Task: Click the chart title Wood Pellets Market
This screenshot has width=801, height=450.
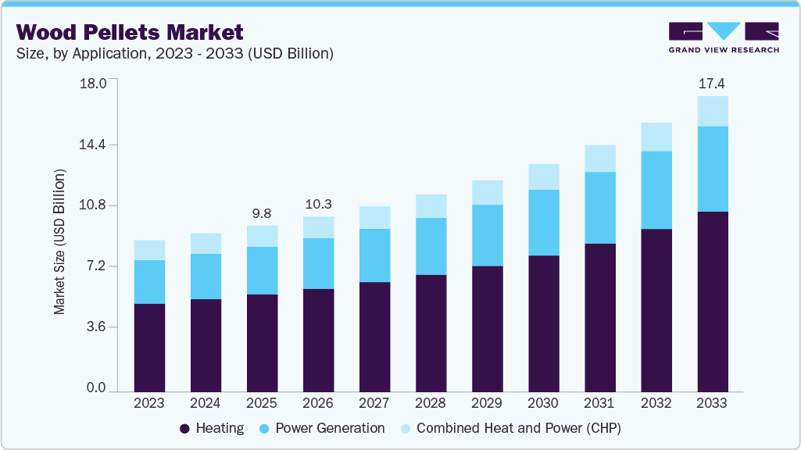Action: coord(130,32)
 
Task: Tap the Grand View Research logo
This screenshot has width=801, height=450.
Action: coord(723,37)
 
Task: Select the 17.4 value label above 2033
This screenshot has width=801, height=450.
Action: coord(712,83)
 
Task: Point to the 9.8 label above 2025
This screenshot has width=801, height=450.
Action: coord(262,212)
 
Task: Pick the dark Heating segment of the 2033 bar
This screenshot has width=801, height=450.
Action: coord(712,301)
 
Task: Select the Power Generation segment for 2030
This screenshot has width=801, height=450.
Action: coord(543,223)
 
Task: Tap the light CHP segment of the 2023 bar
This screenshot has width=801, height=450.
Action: coord(149,250)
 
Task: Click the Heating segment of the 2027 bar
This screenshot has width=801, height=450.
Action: coord(374,336)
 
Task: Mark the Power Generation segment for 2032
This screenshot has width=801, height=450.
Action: coord(656,190)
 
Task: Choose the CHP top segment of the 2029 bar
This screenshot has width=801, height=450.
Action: coord(487,192)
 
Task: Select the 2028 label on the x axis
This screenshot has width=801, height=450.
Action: coord(431,403)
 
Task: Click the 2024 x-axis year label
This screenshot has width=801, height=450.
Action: coord(206,403)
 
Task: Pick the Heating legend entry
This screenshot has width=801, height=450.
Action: coord(212,428)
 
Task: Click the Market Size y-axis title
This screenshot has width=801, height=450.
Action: coord(59,241)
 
